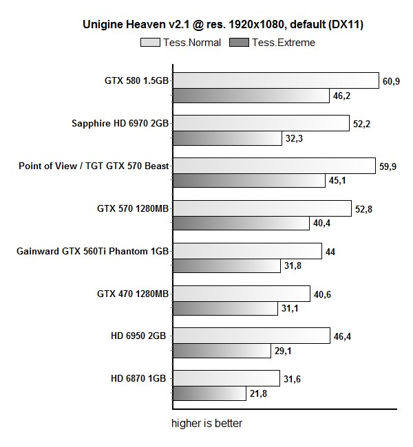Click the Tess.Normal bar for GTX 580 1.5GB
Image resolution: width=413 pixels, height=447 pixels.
[x=275, y=80]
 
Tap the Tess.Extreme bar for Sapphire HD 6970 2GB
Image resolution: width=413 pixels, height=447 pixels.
[x=226, y=139]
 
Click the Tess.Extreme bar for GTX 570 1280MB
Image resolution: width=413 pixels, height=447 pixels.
[x=240, y=223]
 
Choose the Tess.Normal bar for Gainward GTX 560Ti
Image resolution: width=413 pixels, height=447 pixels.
[x=246, y=251]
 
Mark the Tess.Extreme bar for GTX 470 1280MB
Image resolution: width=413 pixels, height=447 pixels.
[x=224, y=309]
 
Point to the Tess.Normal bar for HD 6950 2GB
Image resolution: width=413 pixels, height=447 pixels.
[x=250, y=336]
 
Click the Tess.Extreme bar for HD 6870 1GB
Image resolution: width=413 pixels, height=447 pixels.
[x=209, y=393]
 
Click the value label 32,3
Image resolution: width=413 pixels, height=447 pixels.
[x=293, y=139]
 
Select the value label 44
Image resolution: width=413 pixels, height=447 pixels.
[x=330, y=252]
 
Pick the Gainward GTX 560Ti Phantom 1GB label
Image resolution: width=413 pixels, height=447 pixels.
[x=92, y=251]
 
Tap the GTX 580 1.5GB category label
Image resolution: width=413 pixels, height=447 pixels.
[x=136, y=81]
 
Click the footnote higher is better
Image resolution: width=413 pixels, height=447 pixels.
[x=206, y=423]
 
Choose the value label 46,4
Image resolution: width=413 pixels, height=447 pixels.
[x=342, y=336]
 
